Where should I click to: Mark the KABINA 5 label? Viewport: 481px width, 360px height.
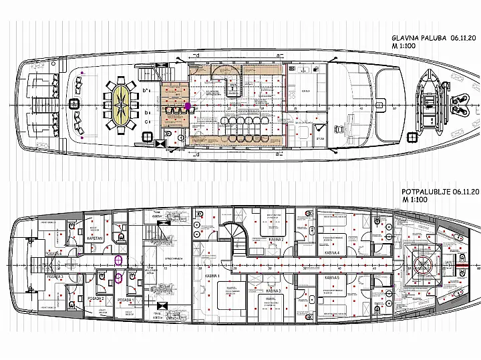331,277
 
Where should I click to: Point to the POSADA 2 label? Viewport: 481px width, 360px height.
93,297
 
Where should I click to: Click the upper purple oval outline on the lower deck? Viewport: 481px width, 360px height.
119,260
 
